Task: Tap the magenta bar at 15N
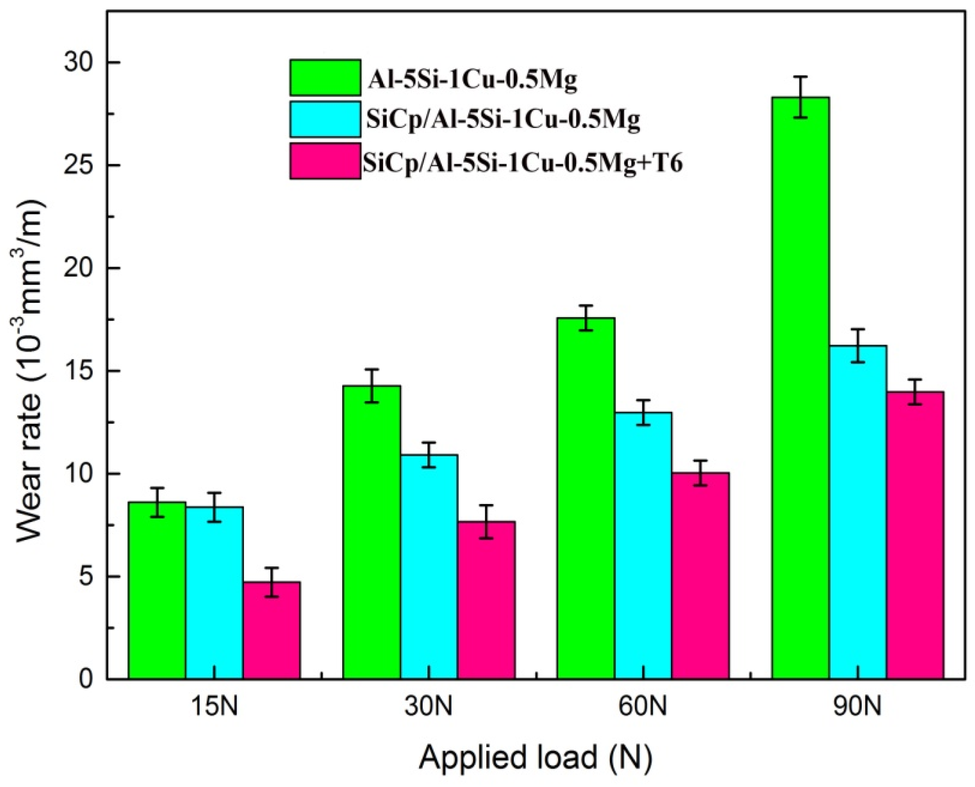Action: [272, 630]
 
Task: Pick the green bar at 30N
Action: [371, 532]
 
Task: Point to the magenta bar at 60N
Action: [700, 576]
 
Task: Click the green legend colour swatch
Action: [325, 77]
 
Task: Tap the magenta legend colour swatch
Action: [325, 161]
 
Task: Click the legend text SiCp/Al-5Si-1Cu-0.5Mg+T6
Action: [523, 162]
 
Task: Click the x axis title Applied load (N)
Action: [535, 757]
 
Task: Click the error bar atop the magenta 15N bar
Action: [272, 582]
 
